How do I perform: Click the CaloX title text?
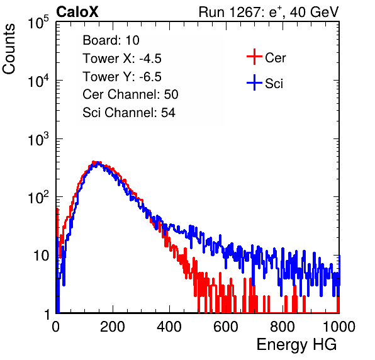[77, 12]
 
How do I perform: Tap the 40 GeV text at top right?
[315, 12]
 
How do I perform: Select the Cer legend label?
[275, 58]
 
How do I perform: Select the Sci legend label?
[274, 84]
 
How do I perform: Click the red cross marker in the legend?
[254, 57]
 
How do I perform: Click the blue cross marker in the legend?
[254, 82]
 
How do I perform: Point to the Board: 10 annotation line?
[111, 40]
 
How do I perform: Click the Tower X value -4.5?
[150, 59]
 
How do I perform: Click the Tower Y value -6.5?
[150, 77]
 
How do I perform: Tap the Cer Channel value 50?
[171, 94]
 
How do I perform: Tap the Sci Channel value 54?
[169, 113]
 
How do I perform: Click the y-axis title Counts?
[9, 48]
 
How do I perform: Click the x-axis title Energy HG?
[296, 344]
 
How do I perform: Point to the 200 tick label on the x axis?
[113, 327]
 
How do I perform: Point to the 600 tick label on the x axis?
[226, 327]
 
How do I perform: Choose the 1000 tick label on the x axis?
[339, 327]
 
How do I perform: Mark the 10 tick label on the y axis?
[41, 256]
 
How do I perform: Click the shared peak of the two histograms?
[96, 163]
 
